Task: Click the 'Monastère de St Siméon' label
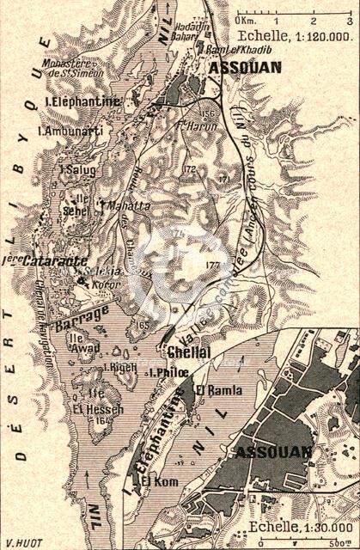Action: click(x=76, y=70)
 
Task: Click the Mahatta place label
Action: click(x=126, y=206)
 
